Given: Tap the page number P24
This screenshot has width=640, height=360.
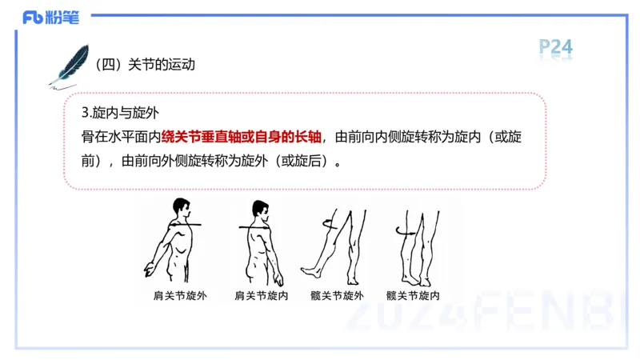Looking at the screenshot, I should point(555,47).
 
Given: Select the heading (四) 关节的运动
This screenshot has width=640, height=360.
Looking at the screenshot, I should point(145,65).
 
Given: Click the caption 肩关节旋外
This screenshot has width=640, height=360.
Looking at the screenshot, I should point(180,295).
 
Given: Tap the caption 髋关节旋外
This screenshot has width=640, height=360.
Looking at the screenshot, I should point(337,295).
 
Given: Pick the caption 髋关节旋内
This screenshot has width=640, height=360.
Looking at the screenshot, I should point(413,295).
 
